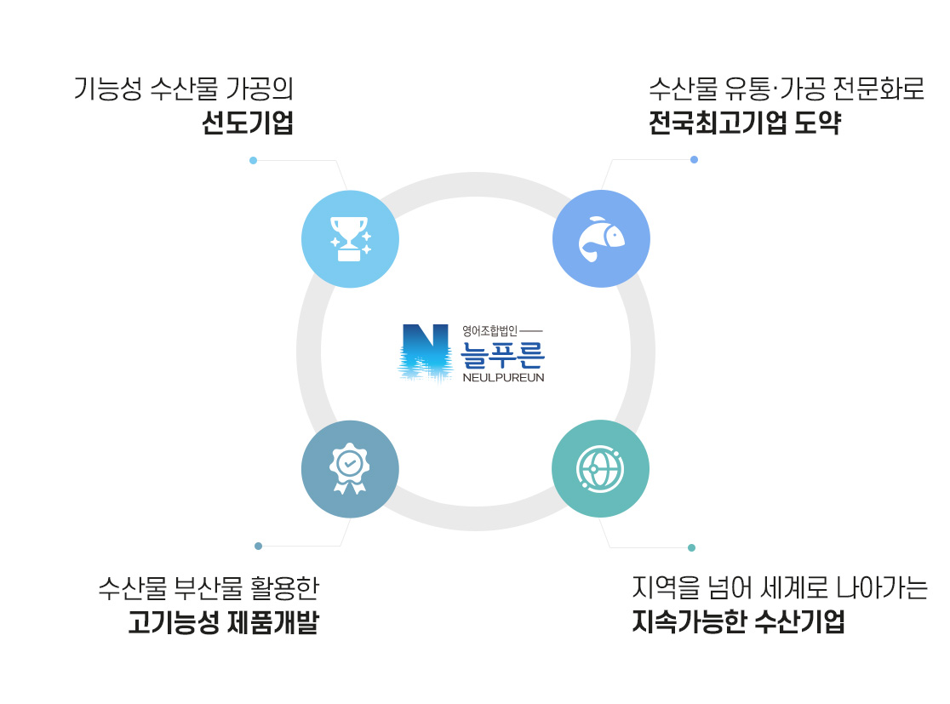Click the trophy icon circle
[x=350, y=238]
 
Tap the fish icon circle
[x=601, y=238]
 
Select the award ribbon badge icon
[x=350, y=468]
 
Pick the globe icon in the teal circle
[x=601, y=468]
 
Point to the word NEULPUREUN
[x=502, y=375]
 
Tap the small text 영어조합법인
[x=489, y=329]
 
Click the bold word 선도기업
[x=247, y=124]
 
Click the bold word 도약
[x=817, y=124]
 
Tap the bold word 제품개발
[x=272, y=623]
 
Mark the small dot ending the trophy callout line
[x=253, y=160]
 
